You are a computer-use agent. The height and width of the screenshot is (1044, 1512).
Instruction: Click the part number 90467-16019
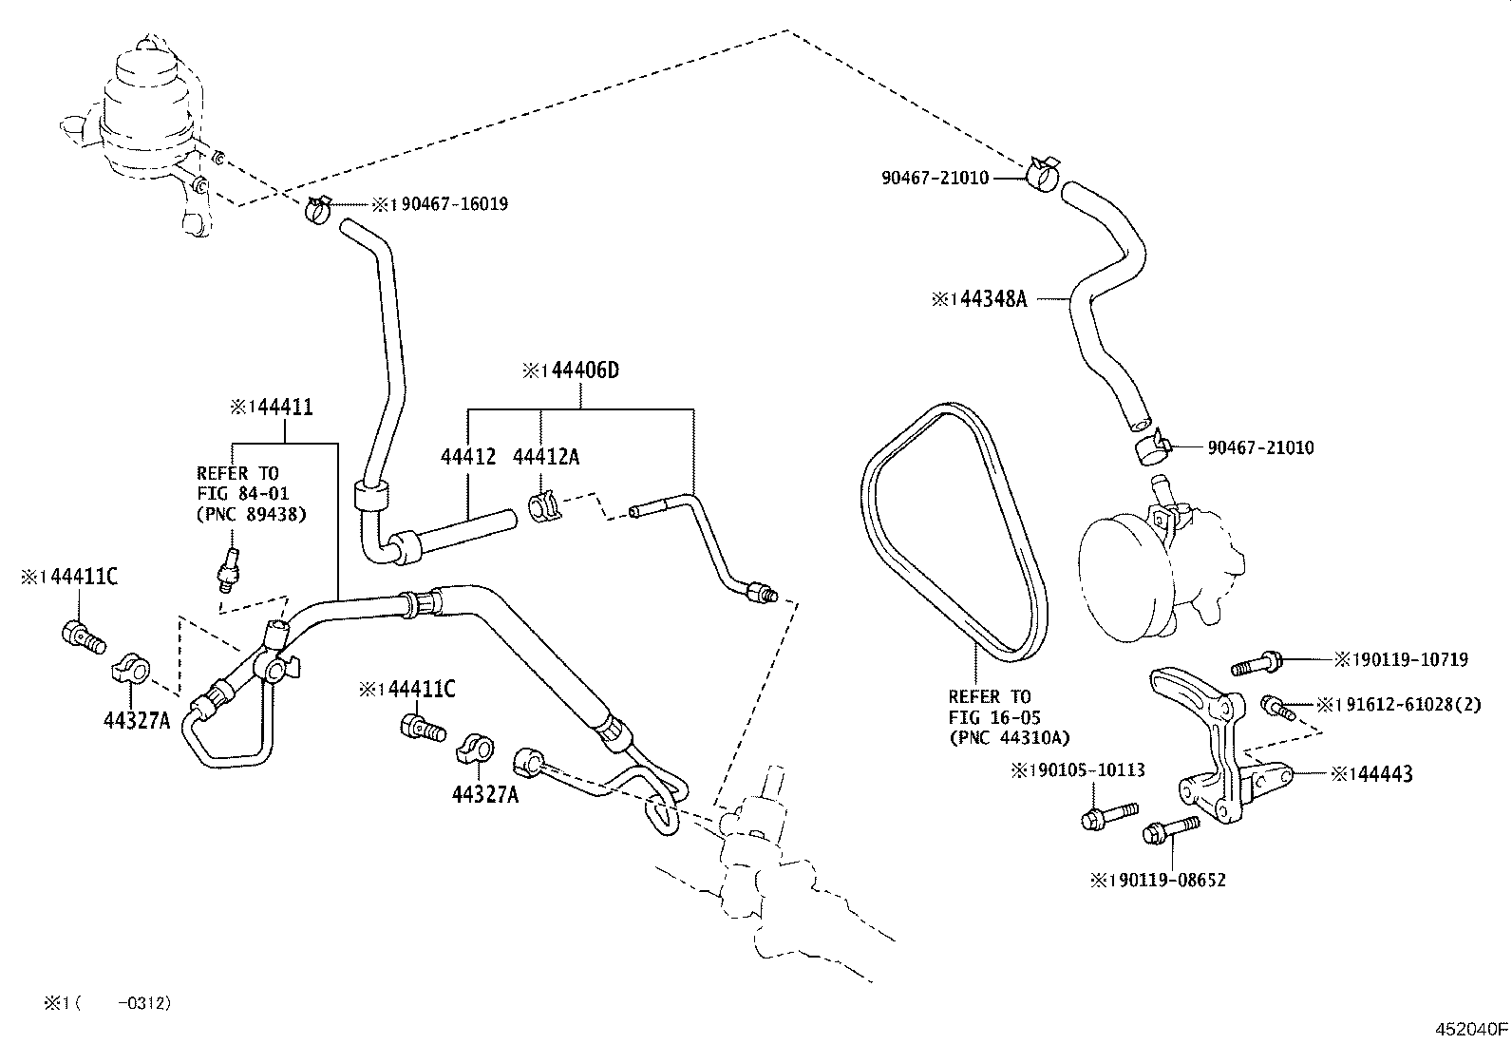coord(454,204)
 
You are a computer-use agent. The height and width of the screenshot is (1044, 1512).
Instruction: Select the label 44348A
coord(992,298)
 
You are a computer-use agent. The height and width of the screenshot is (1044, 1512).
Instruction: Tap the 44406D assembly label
coord(585,370)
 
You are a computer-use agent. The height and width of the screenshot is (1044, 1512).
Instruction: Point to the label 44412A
coord(546,457)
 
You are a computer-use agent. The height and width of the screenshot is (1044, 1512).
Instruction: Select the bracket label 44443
coord(1384,774)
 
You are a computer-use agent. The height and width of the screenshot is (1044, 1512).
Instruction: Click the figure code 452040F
coord(1471,1029)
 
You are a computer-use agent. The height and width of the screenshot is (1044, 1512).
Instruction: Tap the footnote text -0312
coord(143,1003)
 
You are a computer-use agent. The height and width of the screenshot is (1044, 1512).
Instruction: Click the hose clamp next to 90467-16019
coord(317,210)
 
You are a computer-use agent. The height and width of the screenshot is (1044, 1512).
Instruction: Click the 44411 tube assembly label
coord(280,408)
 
